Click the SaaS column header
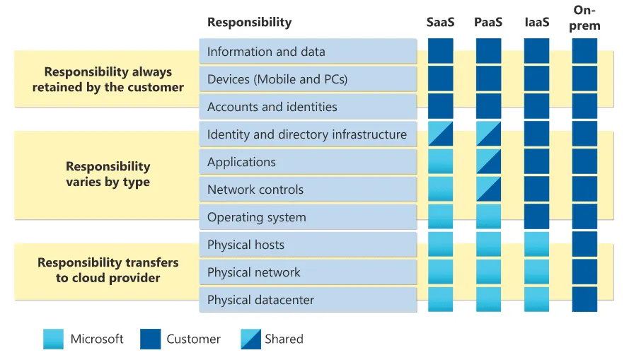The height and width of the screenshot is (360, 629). click(x=440, y=22)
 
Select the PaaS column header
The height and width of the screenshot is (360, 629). click(x=488, y=22)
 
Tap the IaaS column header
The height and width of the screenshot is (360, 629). click(x=536, y=22)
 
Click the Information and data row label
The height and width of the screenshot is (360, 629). click(x=266, y=52)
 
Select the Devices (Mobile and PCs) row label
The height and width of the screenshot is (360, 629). click(x=277, y=79)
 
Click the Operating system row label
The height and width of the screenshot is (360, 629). click(x=256, y=217)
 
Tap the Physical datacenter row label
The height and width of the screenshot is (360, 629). click(x=260, y=300)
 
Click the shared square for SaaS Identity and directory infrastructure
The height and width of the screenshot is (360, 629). click(x=440, y=134)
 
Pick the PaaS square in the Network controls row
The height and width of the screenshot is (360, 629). click(x=488, y=190)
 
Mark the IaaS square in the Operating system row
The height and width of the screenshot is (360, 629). click(x=536, y=217)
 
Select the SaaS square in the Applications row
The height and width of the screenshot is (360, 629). click(x=440, y=162)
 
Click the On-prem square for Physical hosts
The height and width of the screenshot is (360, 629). click(x=584, y=245)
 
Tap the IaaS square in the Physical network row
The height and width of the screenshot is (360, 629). click(x=536, y=272)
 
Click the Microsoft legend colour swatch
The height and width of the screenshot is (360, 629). click(x=53, y=339)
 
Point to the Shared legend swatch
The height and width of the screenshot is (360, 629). click(x=250, y=339)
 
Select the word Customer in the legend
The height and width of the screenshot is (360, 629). click(x=193, y=339)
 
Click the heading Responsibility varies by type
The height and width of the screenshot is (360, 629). click(x=108, y=174)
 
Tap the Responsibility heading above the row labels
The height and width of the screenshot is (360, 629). click(x=249, y=22)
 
